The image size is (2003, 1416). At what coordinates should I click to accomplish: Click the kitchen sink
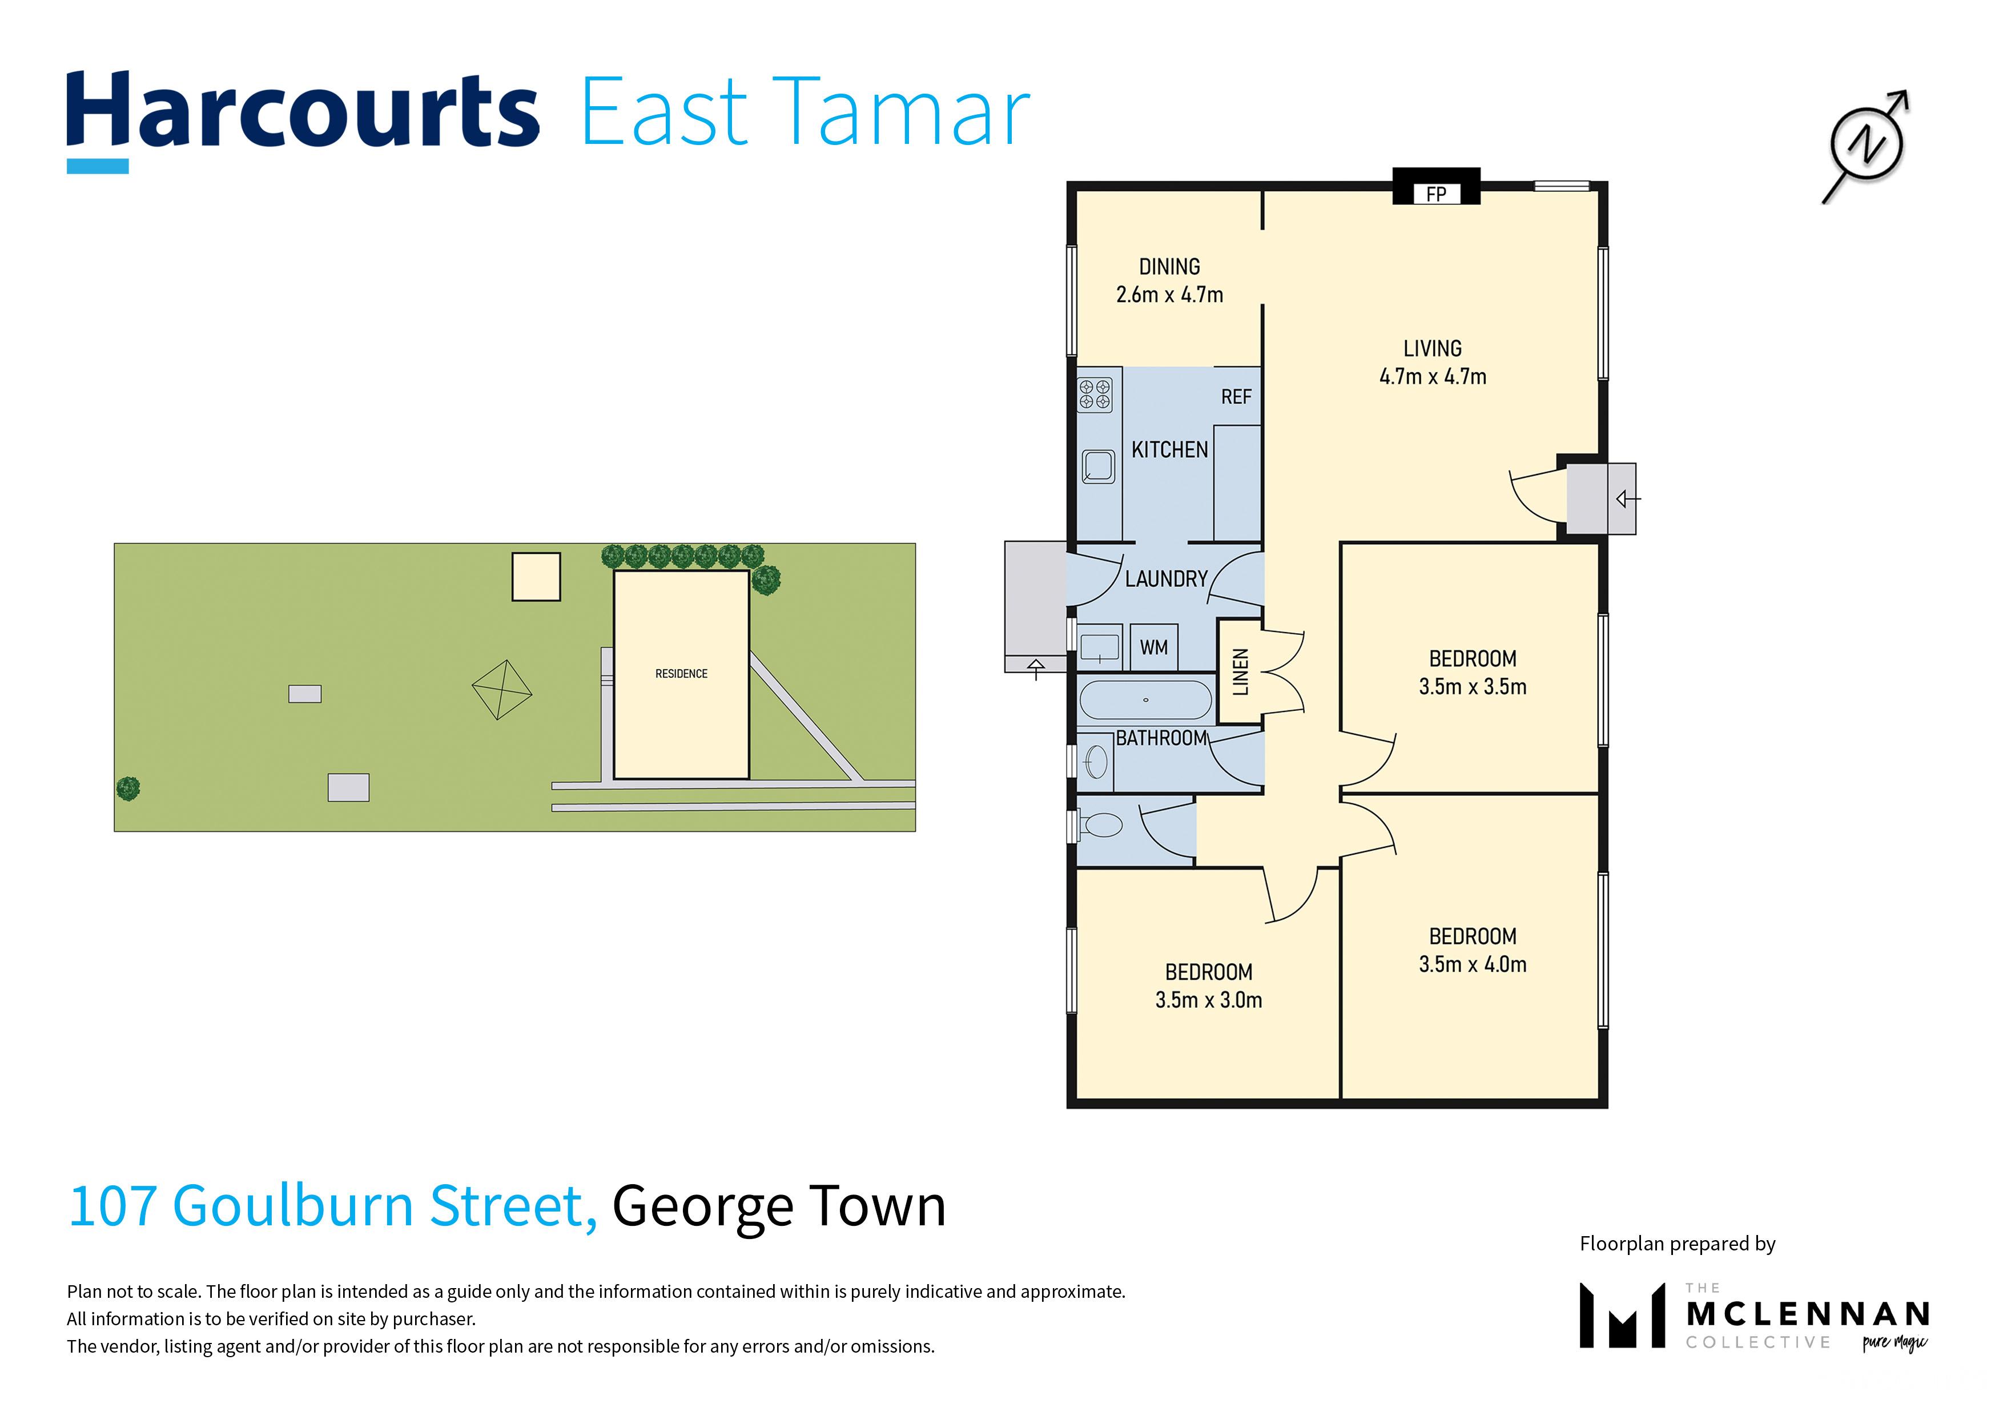[1099, 466]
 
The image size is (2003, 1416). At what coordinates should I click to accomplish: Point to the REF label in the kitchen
[1236, 397]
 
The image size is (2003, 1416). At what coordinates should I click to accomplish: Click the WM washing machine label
[1153, 647]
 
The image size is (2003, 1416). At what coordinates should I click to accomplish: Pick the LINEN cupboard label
[1240, 672]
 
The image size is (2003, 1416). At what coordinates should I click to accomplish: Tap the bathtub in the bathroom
[1145, 699]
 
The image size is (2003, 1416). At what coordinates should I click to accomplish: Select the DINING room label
[1169, 266]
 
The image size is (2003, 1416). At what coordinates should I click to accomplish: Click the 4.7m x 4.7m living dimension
[1433, 377]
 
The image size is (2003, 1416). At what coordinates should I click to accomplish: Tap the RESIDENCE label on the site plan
[681, 674]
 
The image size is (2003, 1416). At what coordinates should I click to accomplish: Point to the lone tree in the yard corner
[128, 789]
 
